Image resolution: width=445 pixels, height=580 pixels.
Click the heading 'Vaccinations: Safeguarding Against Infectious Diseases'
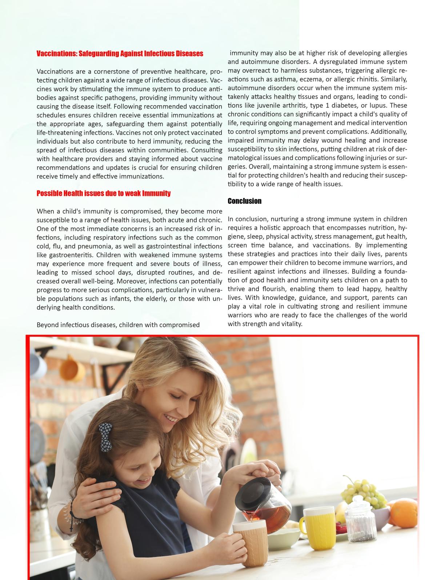(x=120, y=54)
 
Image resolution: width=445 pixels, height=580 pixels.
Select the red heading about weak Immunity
(x=103, y=193)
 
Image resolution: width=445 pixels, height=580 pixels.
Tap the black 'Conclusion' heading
(x=244, y=201)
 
